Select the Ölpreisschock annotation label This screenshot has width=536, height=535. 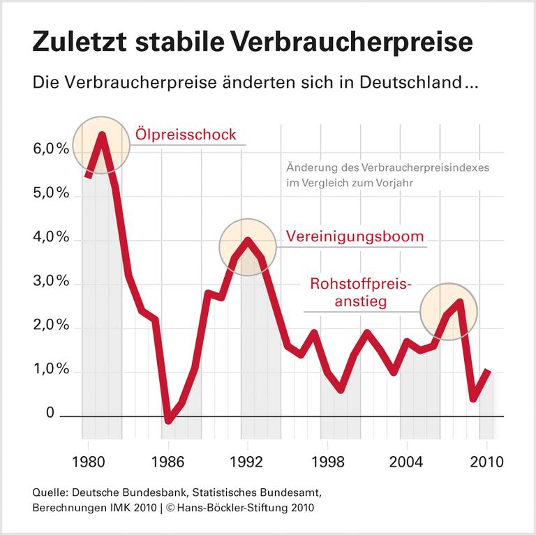click(186, 135)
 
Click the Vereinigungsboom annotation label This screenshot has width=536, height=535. click(355, 236)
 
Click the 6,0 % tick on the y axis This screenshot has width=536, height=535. click(47, 149)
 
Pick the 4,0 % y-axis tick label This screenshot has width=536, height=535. click(47, 238)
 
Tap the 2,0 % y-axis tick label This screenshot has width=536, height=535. click(47, 326)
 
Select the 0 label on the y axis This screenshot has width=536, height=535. click(50, 414)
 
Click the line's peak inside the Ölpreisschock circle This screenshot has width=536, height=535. click(102, 134)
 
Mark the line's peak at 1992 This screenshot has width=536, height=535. click(248, 240)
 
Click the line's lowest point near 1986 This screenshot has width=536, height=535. click(168, 421)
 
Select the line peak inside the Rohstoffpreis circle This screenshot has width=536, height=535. click(459, 301)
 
